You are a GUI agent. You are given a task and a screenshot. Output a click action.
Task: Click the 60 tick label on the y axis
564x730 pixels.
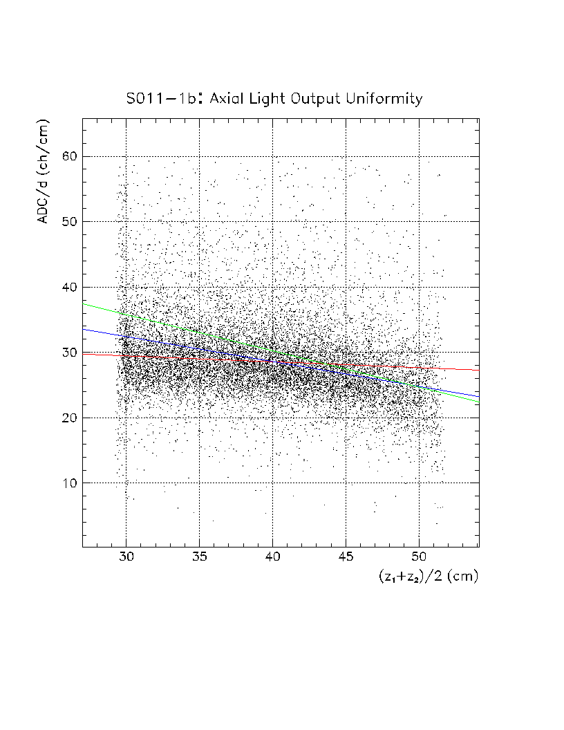[x=68, y=156]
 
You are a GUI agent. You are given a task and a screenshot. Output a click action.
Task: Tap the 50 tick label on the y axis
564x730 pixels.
[x=68, y=221]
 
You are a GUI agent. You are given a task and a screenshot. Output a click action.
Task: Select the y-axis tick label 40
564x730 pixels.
[x=68, y=287]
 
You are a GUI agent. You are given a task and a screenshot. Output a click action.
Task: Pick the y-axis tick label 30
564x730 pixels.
[x=68, y=353]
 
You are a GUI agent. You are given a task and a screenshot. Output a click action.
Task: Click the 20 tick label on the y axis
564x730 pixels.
[x=68, y=418]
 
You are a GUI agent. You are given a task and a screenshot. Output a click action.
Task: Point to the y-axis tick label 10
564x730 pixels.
[x=68, y=483]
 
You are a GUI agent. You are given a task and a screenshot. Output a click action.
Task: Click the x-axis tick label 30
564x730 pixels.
[x=126, y=558]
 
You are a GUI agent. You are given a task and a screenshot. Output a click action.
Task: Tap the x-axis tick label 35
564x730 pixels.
[x=199, y=558]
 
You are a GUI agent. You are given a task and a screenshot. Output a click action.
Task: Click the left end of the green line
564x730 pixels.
[x=83, y=303]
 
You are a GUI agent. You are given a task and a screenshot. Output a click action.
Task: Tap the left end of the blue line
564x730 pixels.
[x=83, y=329]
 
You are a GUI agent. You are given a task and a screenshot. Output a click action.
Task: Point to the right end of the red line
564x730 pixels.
[x=478, y=370]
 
